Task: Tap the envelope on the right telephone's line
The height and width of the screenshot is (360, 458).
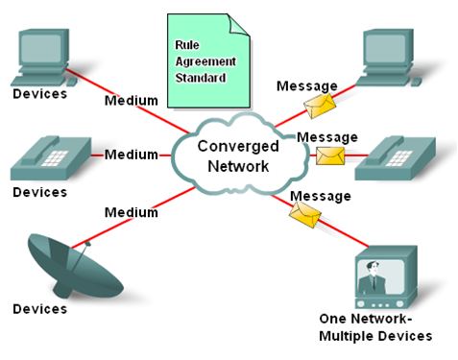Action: [x=329, y=155]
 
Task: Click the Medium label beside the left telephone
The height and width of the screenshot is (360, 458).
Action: [x=132, y=155]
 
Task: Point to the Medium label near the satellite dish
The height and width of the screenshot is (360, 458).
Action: [x=131, y=212]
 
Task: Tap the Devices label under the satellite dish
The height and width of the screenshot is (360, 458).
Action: [x=40, y=309]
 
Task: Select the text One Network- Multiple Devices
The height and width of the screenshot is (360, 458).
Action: [x=375, y=327]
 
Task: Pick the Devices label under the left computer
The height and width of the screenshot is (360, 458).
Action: [x=40, y=95]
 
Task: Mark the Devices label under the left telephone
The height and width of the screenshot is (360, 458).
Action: [x=40, y=192]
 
